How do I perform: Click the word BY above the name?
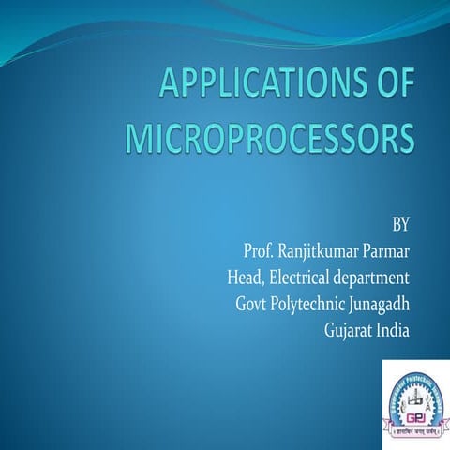pos(399,224)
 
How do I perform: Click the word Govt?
pos(254,305)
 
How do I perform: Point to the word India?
pos(395,331)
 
